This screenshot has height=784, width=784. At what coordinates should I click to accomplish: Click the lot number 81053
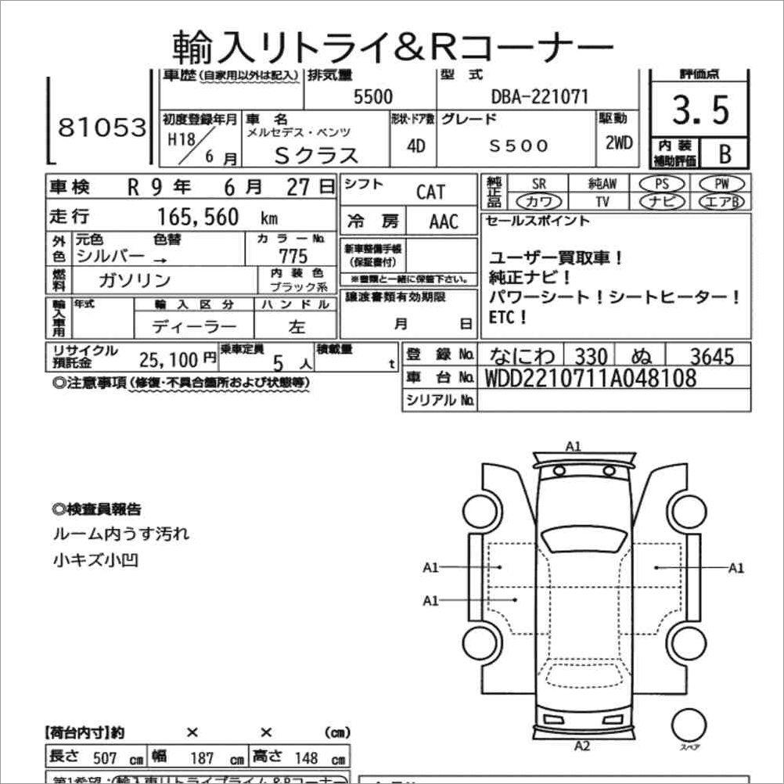pyautogui.click(x=102, y=128)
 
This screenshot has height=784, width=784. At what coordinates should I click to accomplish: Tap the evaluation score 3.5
pyautogui.click(x=700, y=110)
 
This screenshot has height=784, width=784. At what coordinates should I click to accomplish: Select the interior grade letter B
pyautogui.click(x=724, y=153)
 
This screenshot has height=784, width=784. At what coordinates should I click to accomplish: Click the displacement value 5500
pyautogui.click(x=373, y=97)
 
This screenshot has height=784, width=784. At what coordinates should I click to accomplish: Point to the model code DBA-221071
pyautogui.click(x=539, y=97)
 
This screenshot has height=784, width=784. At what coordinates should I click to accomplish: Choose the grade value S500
pyautogui.click(x=519, y=146)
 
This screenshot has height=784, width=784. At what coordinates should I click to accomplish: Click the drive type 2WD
pyautogui.click(x=618, y=145)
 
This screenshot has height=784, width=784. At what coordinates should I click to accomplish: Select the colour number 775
pyautogui.click(x=293, y=257)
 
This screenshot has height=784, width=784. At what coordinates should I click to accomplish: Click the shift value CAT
pyautogui.click(x=430, y=192)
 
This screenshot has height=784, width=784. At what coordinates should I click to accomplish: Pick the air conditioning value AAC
pyautogui.click(x=444, y=221)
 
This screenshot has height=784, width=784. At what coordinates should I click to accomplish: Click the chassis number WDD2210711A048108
pyautogui.click(x=591, y=379)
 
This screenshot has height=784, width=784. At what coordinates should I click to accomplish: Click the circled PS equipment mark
pyautogui.click(x=662, y=184)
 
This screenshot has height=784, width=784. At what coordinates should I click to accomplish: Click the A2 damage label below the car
pyautogui.click(x=581, y=744)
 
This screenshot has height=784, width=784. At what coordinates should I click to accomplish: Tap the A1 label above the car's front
pyautogui.click(x=574, y=447)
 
